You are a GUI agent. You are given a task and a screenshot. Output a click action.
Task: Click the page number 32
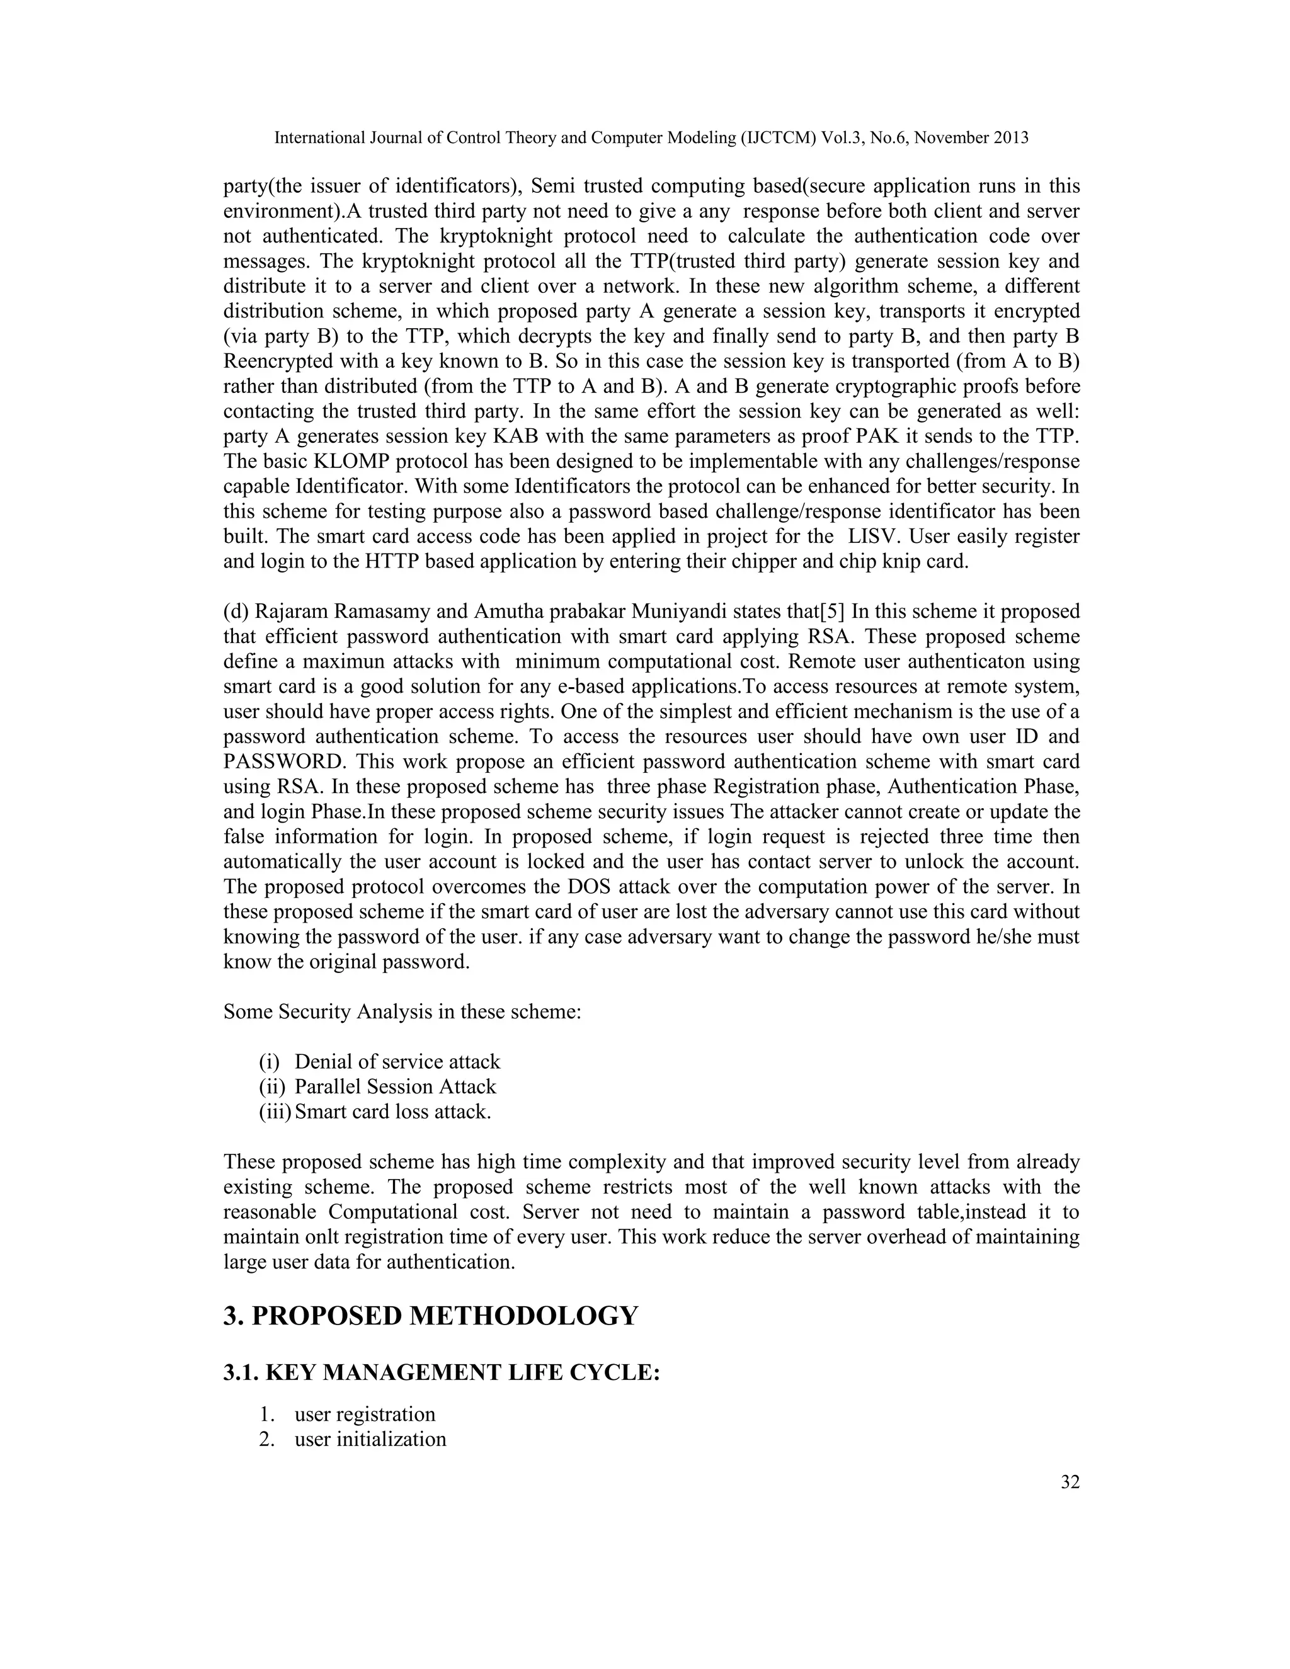coord(1070,1482)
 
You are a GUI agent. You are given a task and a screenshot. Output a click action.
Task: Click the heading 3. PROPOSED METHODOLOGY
coord(430,1316)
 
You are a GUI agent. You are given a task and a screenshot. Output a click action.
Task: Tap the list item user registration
coord(365,1414)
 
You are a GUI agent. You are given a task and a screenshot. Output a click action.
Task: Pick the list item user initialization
coord(370,1439)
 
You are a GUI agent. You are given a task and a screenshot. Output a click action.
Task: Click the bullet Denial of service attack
coord(397,1061)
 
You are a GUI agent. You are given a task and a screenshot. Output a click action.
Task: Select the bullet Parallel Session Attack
coord(395,1086)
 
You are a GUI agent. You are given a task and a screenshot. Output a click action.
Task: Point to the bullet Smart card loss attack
coord(393,1111)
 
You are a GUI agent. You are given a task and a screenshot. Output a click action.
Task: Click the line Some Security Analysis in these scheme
coord(402,1012)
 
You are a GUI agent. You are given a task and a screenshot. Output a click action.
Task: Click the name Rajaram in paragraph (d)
coord(290,612)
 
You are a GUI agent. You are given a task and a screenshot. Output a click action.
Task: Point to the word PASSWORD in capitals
coord(284,762)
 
